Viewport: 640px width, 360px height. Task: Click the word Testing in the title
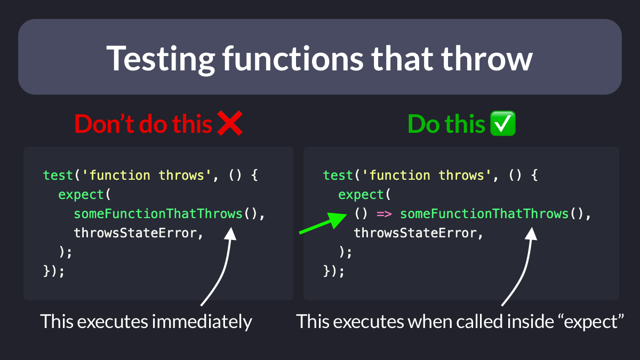click(x=161, y=59)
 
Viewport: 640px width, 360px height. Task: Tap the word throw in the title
click(x=487, y=58)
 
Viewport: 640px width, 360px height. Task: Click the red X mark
click(x=230, y=123)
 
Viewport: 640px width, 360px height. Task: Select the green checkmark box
click(x=503, y=123)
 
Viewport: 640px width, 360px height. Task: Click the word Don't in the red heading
click(x=105, y=123)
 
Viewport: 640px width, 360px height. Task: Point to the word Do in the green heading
click(x=423, y=124)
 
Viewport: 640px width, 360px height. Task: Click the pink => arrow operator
click(x=384, y=214)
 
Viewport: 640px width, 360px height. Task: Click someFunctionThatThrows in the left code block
click(x=158, y=214)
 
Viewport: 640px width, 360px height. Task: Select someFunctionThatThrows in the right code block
click(x=484, y=214)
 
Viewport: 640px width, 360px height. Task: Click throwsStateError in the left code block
click(x=135, y=233)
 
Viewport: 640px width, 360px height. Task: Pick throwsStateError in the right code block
click(x=415, y=233)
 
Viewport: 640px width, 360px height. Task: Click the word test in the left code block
click(x=58, y=175)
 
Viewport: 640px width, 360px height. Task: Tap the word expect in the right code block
click(x=361, y=195)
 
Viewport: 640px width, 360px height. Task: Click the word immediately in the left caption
click(x=202, y=322)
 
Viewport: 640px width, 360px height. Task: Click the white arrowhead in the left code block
click(x=230, y=234)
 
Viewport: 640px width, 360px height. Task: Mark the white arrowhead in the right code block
click(x=531, y=234)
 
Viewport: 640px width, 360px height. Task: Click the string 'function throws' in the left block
click(x=146, y=175)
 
